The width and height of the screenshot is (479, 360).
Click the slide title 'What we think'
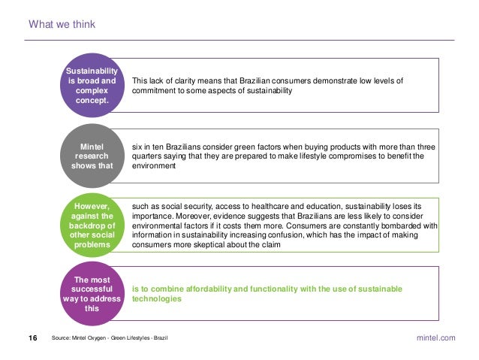(x=62, y=25)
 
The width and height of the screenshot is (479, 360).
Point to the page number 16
(x=33, y=339)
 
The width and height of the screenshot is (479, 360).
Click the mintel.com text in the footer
(x=435, y=339)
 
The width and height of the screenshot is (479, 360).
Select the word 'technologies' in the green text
(x=157, y=298)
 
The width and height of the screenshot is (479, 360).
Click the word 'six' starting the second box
(x=137, y=147)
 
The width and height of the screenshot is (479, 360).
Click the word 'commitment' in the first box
(x=155, y=90)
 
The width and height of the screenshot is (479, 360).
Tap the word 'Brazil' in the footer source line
(x=159, y=340)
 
